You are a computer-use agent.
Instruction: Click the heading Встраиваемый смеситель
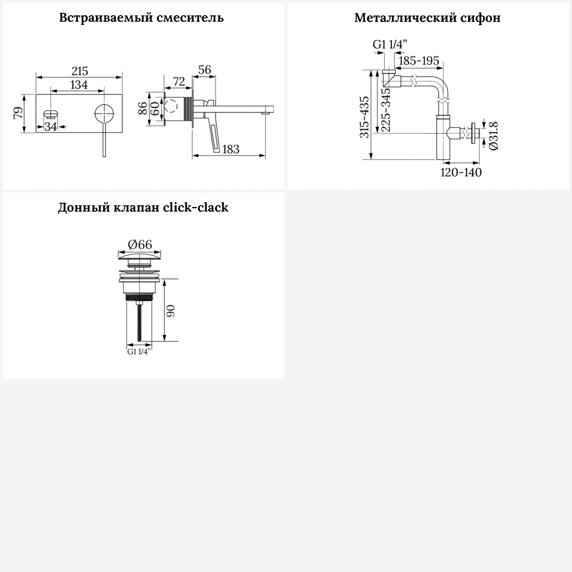141,18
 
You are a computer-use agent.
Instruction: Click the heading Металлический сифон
427,18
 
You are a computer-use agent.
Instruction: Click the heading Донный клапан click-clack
143,207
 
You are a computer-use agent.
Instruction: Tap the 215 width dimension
80,71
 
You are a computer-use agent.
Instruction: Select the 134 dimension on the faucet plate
79,85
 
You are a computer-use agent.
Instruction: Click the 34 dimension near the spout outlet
50,126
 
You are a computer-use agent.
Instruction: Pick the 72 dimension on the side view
178,81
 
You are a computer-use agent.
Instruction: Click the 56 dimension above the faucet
204,70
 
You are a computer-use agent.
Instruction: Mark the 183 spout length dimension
230,149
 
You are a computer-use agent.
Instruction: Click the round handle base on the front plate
104,113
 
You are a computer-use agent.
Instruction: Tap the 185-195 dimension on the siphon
419,61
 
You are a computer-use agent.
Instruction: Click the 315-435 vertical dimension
365,117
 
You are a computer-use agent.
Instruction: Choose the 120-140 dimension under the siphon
461,172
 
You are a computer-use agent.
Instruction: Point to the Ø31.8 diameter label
493,136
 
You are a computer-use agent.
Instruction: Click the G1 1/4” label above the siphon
390,45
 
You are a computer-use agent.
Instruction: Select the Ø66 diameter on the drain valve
140,244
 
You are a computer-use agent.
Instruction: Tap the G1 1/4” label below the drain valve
139,352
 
